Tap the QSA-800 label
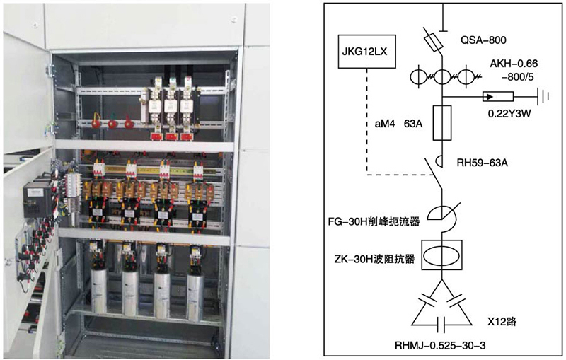(x=483, y=40)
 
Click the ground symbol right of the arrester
(x=543, y=96)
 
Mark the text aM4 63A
(x=399, y=124)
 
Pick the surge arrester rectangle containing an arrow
(x=497, y=96)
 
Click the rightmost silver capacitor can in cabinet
(x=196, y=291)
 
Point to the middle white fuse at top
(x=171, y=105)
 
